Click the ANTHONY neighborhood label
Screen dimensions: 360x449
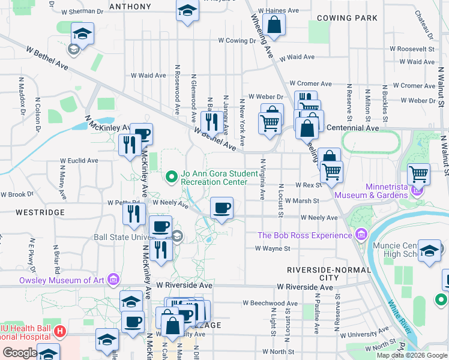click(130, 7)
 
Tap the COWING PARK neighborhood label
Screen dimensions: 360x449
click(347, 18)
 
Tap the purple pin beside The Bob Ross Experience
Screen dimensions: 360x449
click(360, 234)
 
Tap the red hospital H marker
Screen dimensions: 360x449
click(59, 331)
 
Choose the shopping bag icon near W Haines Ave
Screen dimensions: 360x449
click(274, 25)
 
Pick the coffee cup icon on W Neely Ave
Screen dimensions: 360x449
click(221, 208)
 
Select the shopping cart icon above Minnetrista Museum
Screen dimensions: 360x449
click(418, 174)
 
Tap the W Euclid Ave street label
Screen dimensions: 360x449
click(79, 161)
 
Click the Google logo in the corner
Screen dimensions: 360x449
click(20, 353)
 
